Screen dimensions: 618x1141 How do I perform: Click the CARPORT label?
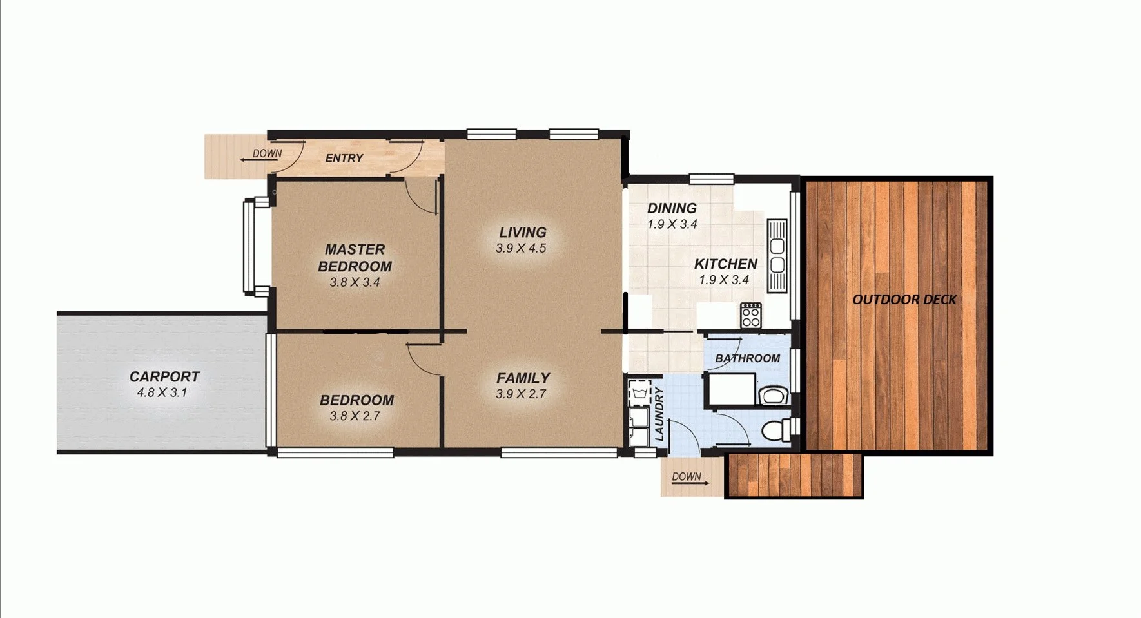coord(164,376)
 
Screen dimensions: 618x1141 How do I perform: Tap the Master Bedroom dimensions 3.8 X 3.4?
coord(355,282)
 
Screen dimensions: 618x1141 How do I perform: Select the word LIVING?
coord(523,232)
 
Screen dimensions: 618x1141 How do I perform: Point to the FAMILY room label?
coord(523,378)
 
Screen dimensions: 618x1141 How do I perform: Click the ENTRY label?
coord(344,158)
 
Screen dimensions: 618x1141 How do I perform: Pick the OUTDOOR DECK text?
coord(904,299)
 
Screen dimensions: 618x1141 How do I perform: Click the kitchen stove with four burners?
coord(750,315)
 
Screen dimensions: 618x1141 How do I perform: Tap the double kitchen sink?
coord(777,255)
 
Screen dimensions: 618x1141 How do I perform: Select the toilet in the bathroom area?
coord(774,429)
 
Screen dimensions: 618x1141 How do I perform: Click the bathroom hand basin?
coord(772,394)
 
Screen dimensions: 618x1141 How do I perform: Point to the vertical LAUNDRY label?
coord(659,414)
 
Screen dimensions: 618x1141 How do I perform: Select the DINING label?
coord(672,208)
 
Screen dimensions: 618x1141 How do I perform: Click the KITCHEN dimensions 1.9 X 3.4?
coord(724,280)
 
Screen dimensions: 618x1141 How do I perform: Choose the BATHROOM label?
coord(747,358)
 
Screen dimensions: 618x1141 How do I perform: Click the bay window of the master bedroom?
coord(248,246)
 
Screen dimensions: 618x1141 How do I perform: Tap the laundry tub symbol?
coord(640,392)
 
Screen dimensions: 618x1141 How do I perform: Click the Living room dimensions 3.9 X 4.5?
coord(521,248)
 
